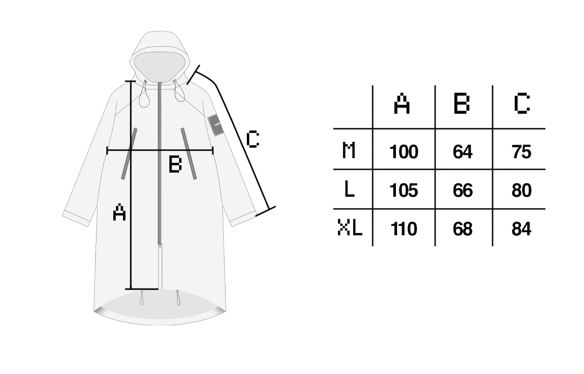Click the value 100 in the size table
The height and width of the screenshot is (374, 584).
pyautogui.click(x=404, y=152)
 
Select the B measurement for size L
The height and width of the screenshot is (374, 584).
pyautogui.click(x=463, y=190)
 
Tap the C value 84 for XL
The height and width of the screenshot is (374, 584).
pyautogui.click(x=521, y=229)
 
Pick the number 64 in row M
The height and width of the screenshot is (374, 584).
pyautogui.click(x=463, y=152)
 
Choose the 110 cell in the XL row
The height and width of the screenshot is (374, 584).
pyautogui.click(x=404, y=229)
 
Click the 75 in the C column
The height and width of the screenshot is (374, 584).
pyautogui.click(x=521, y=152)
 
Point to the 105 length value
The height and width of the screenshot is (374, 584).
pyautogui.click(x=404, y=190)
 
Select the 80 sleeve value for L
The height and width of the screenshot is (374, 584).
pyautogui.click(x=521, y=190)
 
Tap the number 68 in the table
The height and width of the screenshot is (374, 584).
pyautogui.click(x=463, y=229)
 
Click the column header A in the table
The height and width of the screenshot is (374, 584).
pyautogui.click(x=402, y=104)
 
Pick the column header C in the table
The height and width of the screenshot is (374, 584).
pyautogui.click(x=522, y=103)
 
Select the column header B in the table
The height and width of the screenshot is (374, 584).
pyautogui.click(x=462, y=103)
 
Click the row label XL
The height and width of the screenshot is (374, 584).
pyautogui.click(x=350, y=228)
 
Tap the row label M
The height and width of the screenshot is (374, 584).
pyautogui.click(x=348, y=150)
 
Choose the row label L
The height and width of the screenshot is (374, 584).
pyautogui.click(x=349, y=189)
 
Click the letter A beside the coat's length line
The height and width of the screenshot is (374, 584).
pyautogui.click(x=119, y=212)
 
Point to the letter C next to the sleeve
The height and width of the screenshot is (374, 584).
pyautogui.click(x=253, y=139)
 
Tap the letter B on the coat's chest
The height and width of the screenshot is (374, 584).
pyautogui.click(x=175, y=164)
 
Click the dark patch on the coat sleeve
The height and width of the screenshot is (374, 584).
pyautogui.click(x=216, y=125)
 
